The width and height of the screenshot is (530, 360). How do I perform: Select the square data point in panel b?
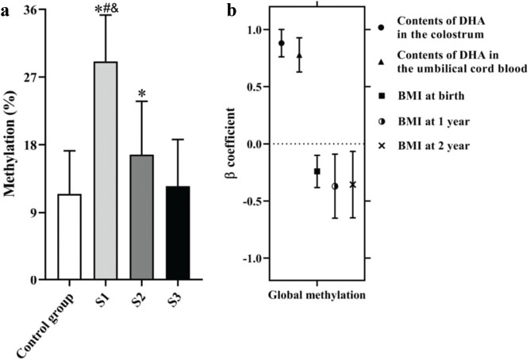point(317,171)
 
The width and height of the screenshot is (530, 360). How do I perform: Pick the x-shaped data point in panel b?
point(352,185)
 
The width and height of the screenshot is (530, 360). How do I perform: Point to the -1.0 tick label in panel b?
point(248,259)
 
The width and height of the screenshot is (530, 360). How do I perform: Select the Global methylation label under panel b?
point(317,296)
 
